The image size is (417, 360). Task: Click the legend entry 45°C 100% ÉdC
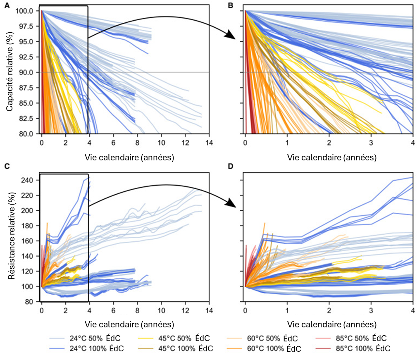pos(182,348)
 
